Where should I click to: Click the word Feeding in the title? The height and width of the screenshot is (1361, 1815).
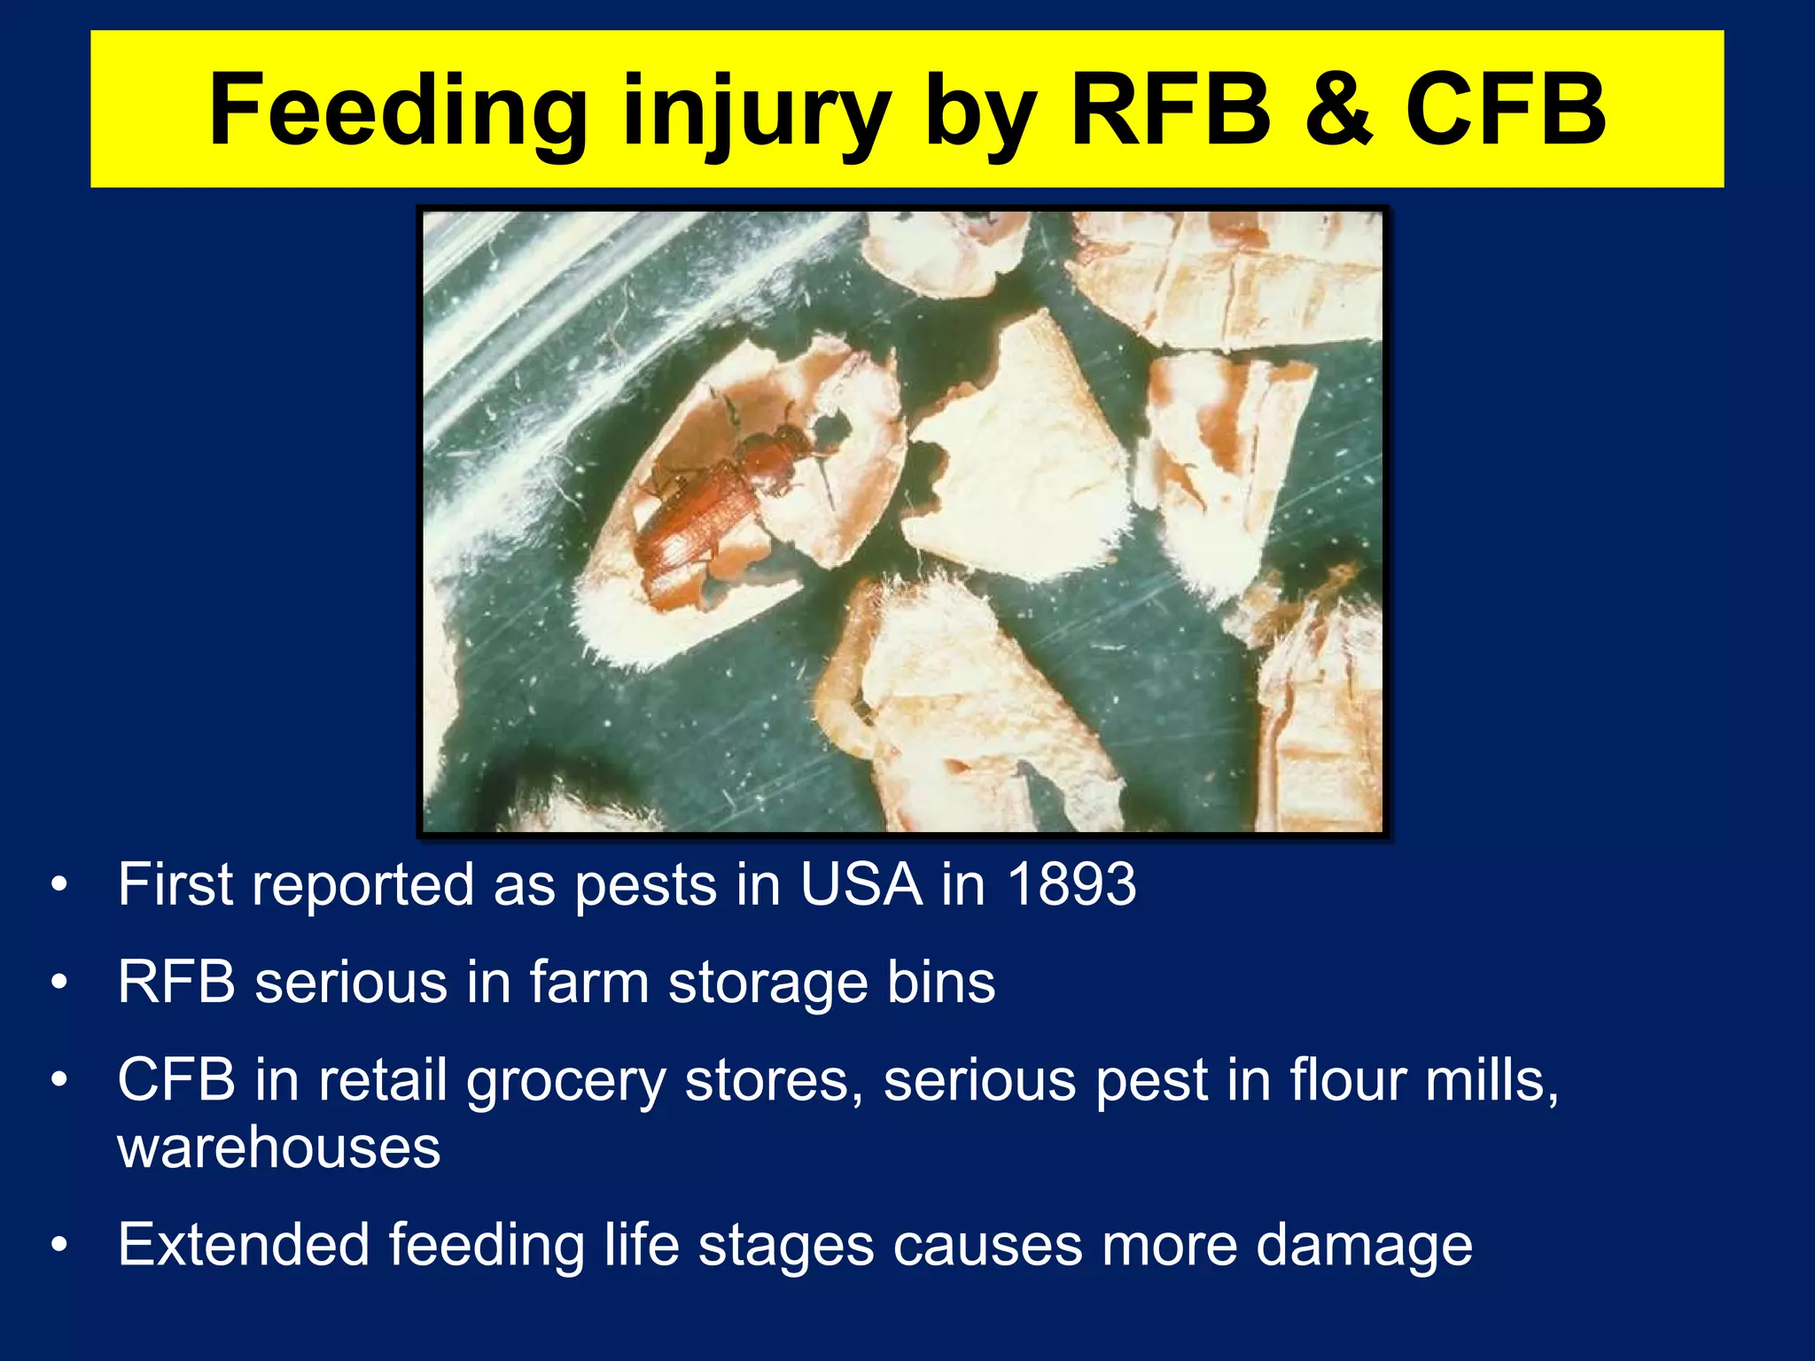[397, 111]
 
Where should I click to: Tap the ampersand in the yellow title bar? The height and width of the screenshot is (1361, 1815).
[1337, 111]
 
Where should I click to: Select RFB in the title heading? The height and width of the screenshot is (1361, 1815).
[1171, 111]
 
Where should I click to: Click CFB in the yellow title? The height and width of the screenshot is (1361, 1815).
[1505, 111]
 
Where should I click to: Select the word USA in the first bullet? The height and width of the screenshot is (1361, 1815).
[861, 884]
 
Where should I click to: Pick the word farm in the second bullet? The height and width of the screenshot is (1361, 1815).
[588, 983]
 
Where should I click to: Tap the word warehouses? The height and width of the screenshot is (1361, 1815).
[278, 1147]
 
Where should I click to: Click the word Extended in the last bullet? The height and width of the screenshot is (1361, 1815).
[244, 1244]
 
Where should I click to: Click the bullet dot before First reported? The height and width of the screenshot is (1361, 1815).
[59, 884]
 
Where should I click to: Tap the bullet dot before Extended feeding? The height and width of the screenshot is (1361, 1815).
[59, 1245]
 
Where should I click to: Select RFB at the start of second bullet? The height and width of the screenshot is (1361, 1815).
[176, 983]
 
